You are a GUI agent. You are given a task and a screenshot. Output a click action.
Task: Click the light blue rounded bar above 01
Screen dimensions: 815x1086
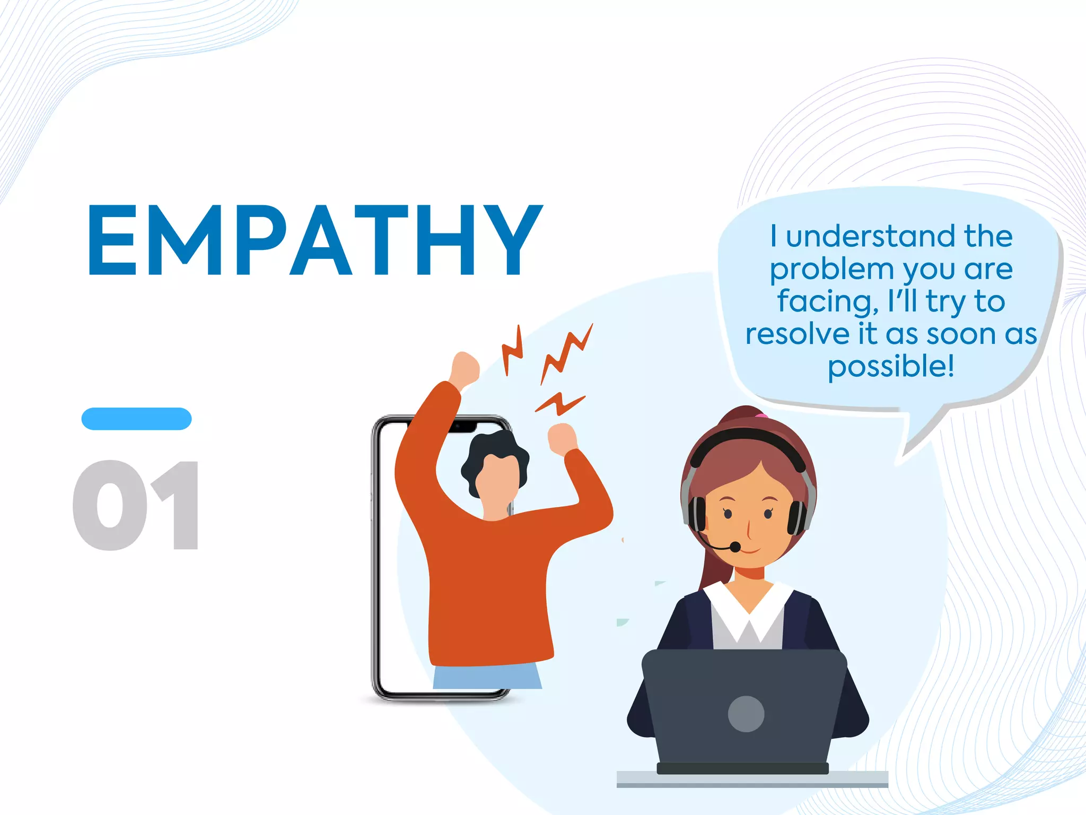136,419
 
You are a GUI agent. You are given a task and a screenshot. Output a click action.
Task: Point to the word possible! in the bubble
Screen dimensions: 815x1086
891,367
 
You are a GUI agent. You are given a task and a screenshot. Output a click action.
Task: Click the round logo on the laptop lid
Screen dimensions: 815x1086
746,714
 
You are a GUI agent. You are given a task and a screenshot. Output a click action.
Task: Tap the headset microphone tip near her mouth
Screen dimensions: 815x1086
735,547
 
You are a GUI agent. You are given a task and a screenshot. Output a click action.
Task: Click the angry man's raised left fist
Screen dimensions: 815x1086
465,367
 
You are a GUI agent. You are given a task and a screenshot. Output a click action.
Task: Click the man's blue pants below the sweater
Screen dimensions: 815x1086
487,676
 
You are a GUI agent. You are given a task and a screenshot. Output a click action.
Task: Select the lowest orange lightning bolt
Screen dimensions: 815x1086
560,404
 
